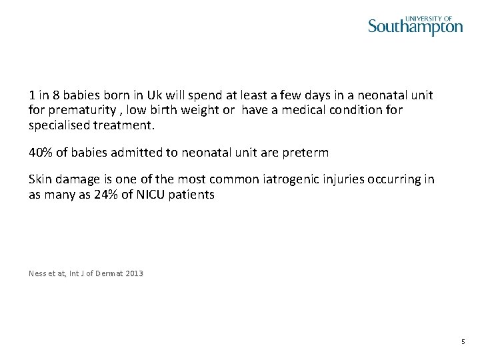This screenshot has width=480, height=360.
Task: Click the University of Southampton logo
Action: [415, 26]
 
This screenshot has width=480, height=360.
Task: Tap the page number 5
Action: [463, 342]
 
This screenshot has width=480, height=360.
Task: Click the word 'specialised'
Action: [59, 125]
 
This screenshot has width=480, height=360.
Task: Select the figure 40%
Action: [40, 152]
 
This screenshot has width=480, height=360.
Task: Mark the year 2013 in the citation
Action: [133, 273]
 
